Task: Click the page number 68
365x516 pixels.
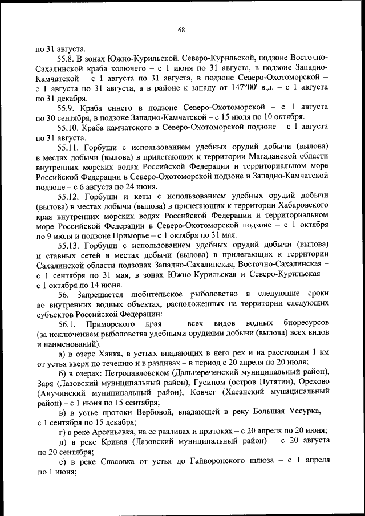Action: [181, 29]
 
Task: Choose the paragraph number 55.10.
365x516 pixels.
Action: [69, 127]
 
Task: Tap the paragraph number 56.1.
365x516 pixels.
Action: [67, 324]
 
